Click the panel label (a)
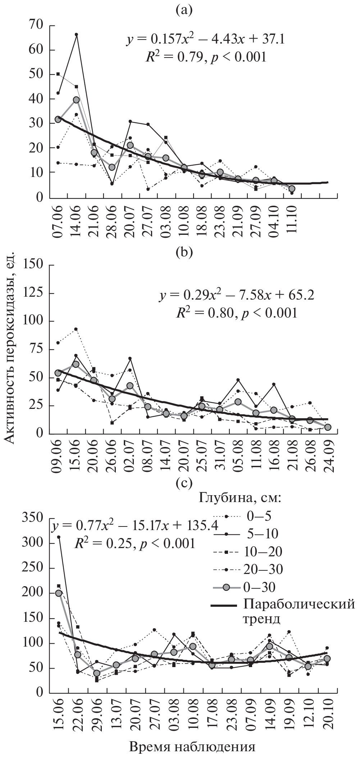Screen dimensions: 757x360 coord(184,10)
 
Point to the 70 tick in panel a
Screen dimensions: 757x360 coord(37,26)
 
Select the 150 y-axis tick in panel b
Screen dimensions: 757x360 coord(33,265)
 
